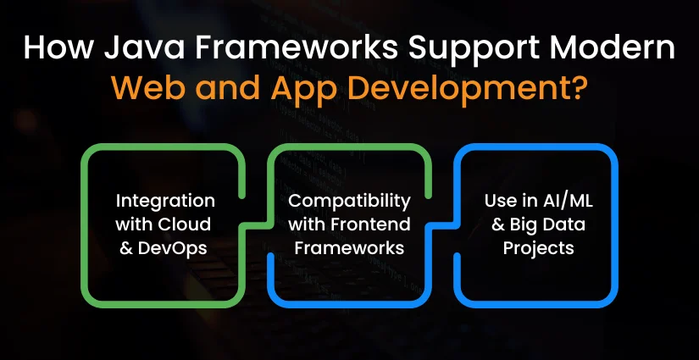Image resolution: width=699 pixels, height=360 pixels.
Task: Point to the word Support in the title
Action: (x=473, y=49)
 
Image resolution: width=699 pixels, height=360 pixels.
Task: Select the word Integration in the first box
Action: (x=165, y=202)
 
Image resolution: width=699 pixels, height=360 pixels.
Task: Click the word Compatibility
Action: (x=349, y=202)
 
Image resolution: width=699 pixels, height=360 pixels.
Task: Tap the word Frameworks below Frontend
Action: (x=349, y=247)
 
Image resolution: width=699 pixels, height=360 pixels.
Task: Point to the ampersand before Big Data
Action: (x=498, y=224)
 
